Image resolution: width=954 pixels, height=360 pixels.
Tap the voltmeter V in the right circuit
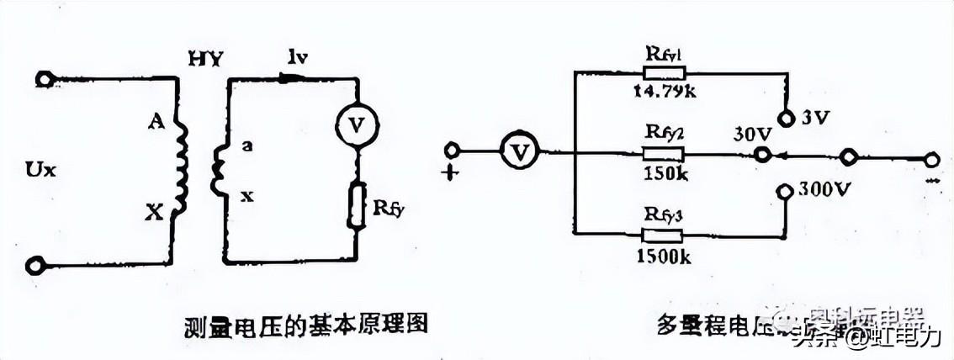point(520,151)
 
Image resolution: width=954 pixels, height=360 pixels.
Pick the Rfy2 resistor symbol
point(664,155)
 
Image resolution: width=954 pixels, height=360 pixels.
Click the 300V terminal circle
point(783,191)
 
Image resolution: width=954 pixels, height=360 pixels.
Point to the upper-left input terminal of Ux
point(40,80)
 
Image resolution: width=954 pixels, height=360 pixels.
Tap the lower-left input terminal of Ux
point(34,267)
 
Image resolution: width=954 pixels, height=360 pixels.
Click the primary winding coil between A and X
point(178,165)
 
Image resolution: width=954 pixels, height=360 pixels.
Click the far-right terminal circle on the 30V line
point(930,158)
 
